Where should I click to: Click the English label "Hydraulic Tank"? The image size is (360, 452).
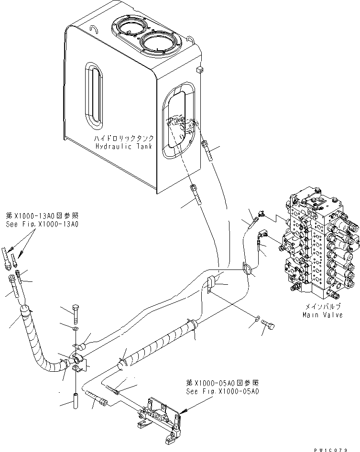pyautogui.click(x=123, y=146)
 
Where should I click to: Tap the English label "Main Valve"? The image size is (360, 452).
pyautogui.click(x=323, y=315)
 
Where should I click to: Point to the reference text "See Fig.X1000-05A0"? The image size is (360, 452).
pyautogui.click(x=222, y=391)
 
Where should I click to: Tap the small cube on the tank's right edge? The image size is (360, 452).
pyautogui.click(x=199, y=70)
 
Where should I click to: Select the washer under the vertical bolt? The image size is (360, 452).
pyautogui.click(x=76, y=329)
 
